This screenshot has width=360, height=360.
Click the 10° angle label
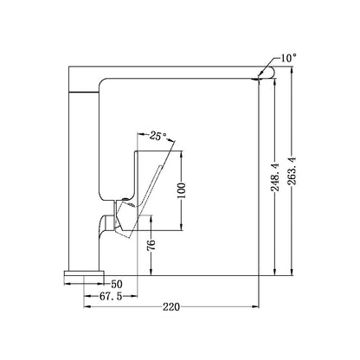click(289, 58)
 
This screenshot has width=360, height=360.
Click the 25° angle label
click(158, 136)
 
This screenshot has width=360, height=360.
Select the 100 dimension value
click(182, 190)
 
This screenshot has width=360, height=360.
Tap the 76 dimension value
click(151, 245)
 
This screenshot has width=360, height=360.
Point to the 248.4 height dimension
click(274, 177)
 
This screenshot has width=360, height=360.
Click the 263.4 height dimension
click(292, 171)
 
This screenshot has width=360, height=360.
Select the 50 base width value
click(117, 285)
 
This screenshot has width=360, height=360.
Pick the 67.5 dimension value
click(111, 296)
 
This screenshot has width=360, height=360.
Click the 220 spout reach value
click(171, 307)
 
